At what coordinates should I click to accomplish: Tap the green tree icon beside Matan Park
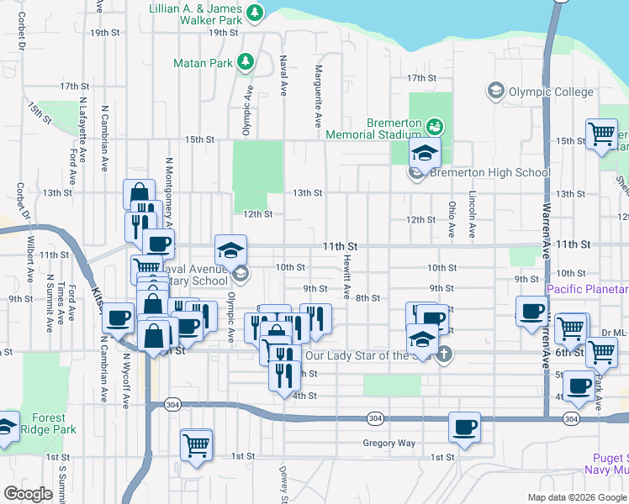(245, 61)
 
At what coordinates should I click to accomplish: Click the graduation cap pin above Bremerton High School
(425, 154)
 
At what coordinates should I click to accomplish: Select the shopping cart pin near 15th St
(601, 134)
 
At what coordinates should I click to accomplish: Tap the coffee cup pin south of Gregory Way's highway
(464, 427)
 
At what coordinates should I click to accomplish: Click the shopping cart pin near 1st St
(196, 444)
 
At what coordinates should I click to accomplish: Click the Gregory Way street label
(388, 443)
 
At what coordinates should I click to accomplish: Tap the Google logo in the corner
(28, 494)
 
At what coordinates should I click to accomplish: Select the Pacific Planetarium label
(587, 290)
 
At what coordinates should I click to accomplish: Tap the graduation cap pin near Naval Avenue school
(230, 250)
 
